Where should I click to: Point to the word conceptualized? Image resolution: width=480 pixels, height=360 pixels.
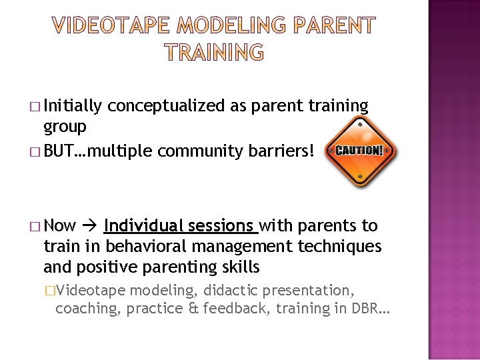pos(163,105)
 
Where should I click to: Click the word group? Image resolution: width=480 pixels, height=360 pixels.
pos(65,127)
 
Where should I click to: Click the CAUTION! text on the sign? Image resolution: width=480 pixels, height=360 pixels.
pos(360,151)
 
